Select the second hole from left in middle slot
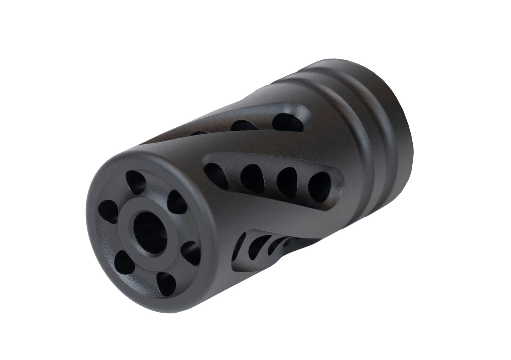click(x=252, y=174)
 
